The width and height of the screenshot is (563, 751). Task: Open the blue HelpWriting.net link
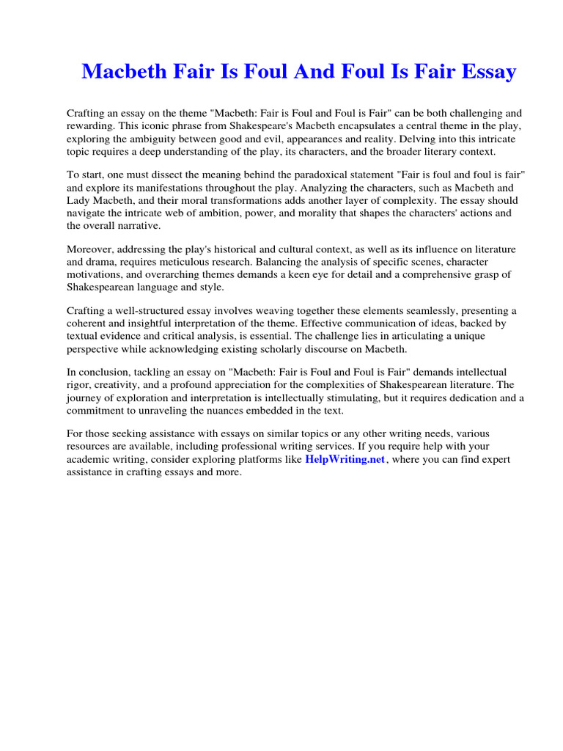pyautogui.click(x=345, y=459)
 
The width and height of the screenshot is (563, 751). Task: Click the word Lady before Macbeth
pyautogui.click(x=79, y=200)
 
